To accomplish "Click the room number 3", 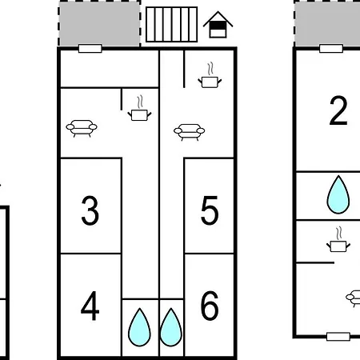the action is point(90,210).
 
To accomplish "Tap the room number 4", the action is point(90,306).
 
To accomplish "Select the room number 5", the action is point(210,210).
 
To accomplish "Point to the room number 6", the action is point(210,306).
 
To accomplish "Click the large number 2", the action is point(338,110).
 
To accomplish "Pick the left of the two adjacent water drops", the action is point(139,327).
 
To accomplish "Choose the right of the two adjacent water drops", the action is point(171,327).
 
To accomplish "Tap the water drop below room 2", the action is point(338,194).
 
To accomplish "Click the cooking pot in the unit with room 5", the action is point(210,75).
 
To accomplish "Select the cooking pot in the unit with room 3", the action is point(139,108).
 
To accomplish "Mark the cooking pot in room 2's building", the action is point(338,239).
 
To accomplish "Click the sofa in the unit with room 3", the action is point(82,129).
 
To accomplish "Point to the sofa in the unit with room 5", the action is point(190,132).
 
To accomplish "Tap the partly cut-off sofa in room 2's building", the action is point(354,298).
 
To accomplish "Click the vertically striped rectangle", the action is point(172,24).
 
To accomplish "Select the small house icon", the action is point(218,25).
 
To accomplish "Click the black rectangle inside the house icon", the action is point(218,26).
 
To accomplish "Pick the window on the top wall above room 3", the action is point(90,49).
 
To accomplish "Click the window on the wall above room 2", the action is point(331,49).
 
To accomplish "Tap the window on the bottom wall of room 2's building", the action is point(338,337).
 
